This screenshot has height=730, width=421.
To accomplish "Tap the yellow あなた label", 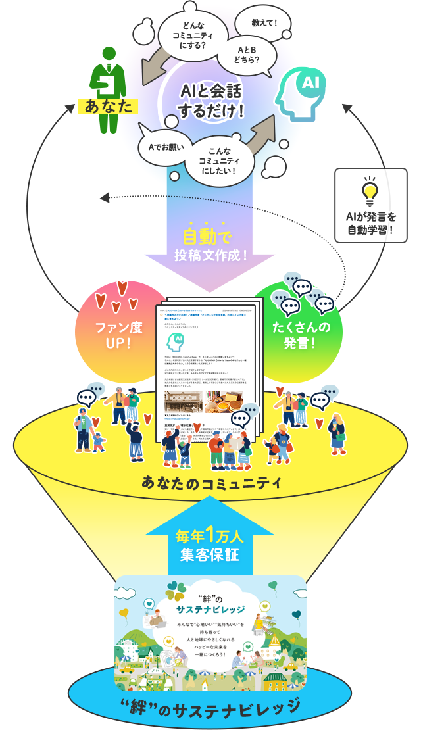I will tap(105, 107).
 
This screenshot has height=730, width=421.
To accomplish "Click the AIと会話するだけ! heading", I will tap(212, 101).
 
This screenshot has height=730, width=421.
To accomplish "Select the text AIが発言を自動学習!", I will tap(370, 223).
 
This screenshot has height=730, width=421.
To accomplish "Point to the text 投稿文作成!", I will tap(210, 254).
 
